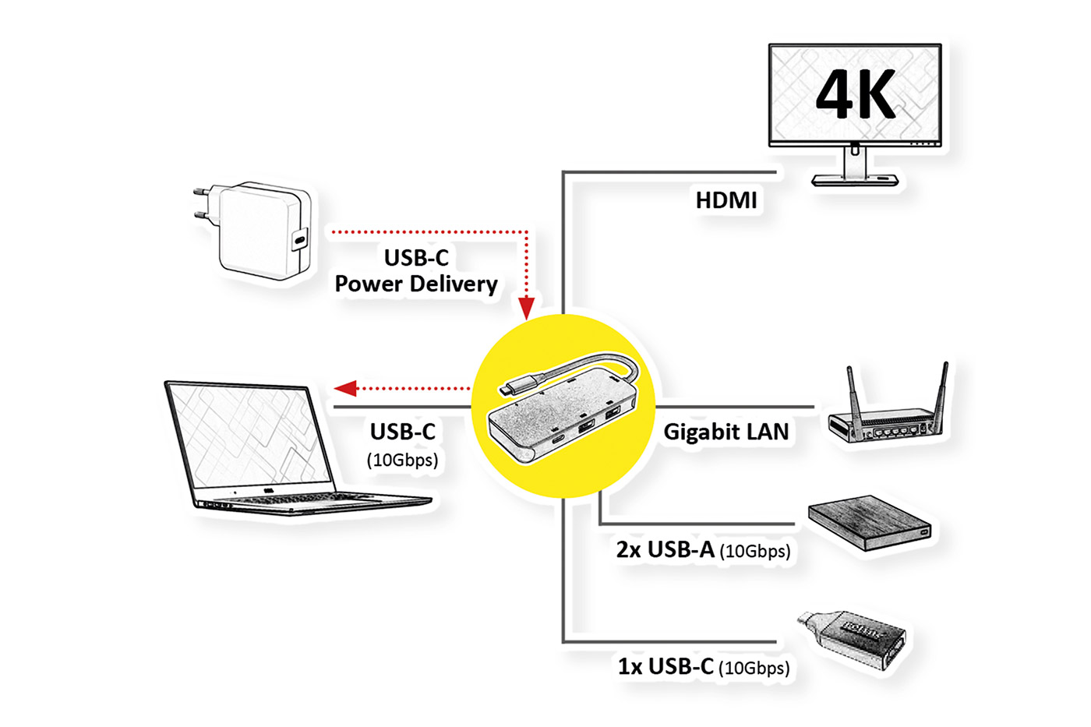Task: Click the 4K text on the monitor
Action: point(856,95)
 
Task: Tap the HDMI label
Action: point(726,200)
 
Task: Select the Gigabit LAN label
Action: point(726,432)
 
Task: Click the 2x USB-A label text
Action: point(665,550)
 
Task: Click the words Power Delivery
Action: point(416,284)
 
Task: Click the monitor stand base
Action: point(855,181)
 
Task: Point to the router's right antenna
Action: point(944,393)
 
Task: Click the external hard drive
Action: point(869,522)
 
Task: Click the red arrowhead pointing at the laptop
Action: point(345,388)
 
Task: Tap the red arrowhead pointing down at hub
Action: point(527,309)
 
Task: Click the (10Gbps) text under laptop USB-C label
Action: point(402,461)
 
